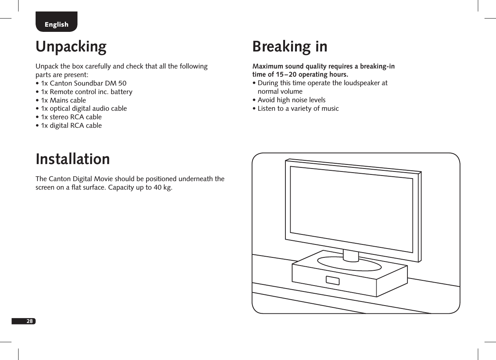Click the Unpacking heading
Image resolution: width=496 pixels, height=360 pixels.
pos(71,47)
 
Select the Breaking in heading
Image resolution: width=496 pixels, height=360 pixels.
pos(290,47)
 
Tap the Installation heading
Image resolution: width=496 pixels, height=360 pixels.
pos(73,159)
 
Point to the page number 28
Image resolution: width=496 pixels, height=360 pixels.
pos(29,321)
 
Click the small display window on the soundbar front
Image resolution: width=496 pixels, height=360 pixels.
pos(333,280)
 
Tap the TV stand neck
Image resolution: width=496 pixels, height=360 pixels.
pos(351,255)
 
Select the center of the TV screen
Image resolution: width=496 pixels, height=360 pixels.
pos(351,210)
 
